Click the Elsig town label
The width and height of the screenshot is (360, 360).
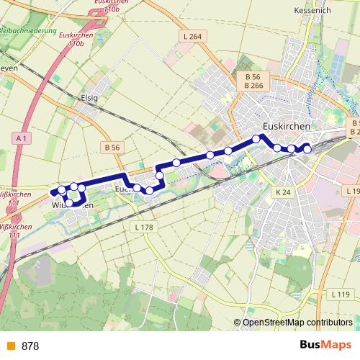pos(89,97)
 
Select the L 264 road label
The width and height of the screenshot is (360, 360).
pos(193,37)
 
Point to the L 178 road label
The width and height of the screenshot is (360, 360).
pos(145,228)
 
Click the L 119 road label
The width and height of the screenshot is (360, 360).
pos(341,294)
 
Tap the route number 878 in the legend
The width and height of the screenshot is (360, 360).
pos(30,346)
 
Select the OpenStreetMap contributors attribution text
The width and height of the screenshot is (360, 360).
pos(297,323)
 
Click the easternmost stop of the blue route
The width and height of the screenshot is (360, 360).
pos(307,149)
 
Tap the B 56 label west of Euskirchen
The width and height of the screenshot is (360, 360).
pos(112,147)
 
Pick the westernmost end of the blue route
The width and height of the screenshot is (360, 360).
pos(52,192)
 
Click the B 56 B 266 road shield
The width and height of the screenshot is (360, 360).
pos(252,81)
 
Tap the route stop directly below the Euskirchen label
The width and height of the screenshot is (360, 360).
pos(256,139)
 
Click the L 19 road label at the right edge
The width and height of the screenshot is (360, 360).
pos(352,191)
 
